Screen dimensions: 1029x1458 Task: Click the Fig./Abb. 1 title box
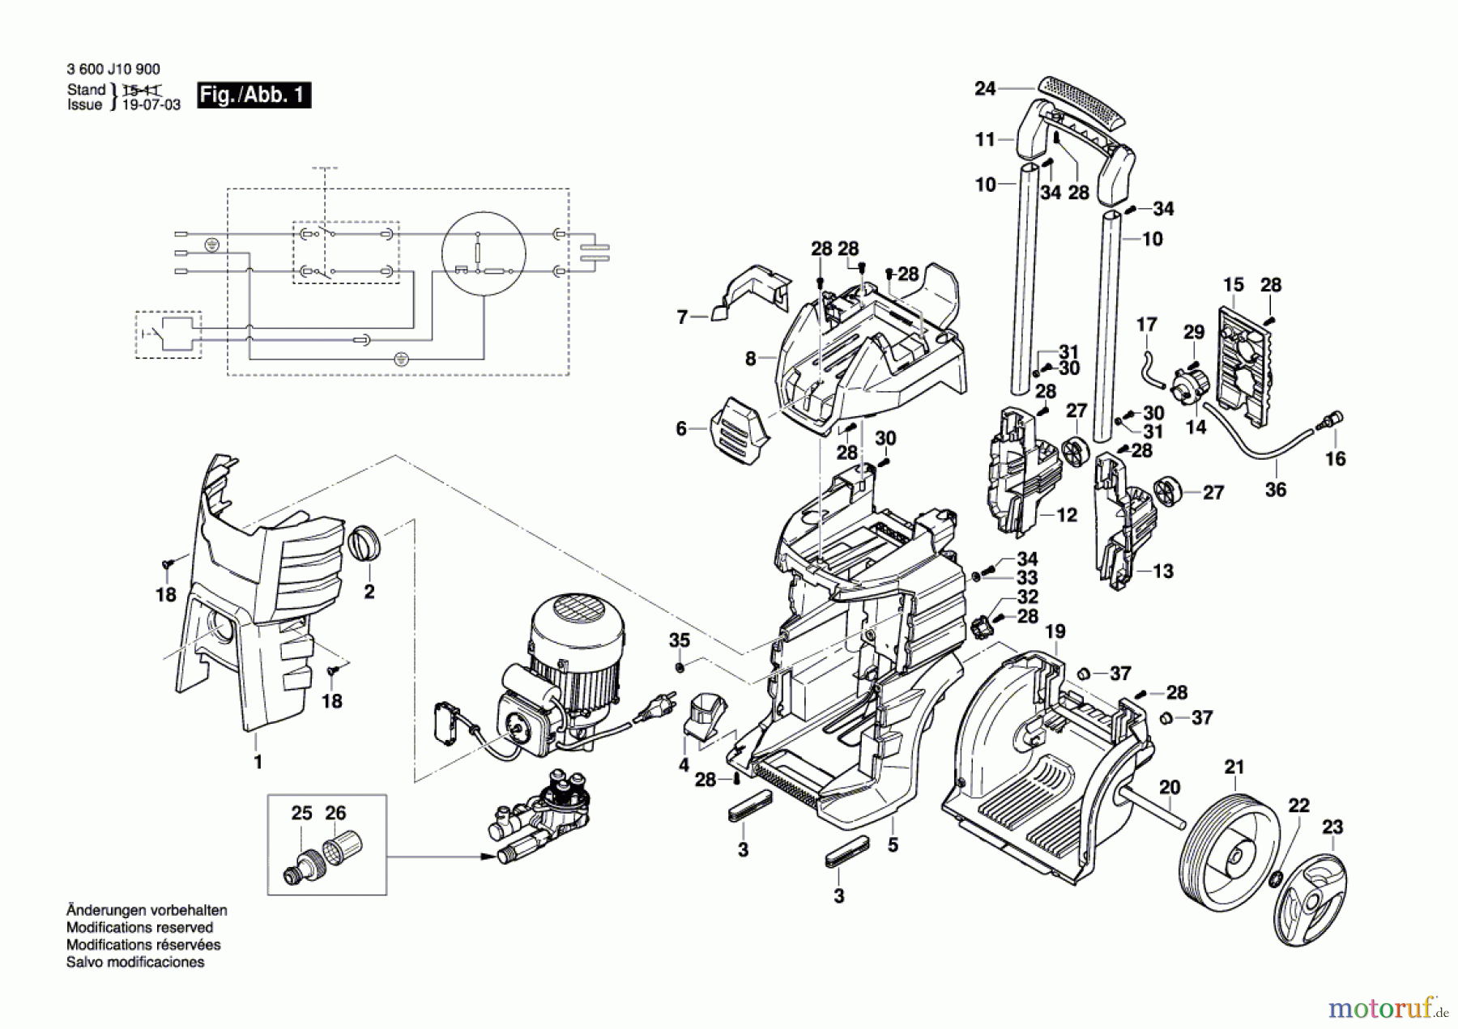(x=254, y=96)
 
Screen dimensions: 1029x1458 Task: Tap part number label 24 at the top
(x=985, y=88)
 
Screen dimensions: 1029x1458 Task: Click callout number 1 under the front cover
(x=258, y=762)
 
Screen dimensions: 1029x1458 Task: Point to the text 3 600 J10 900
(x=113, y=70)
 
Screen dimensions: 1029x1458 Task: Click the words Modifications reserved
(x=139, y=928)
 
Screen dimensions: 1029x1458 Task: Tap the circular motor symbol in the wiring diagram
(x=484, y=253)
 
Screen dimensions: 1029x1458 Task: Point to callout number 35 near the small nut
(x=679, y=640)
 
